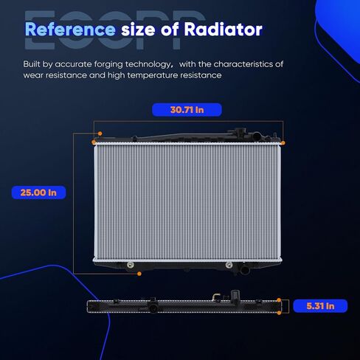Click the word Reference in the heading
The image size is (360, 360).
pos(70,30)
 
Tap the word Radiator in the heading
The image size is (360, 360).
pos(223,30)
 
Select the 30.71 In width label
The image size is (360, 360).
pos(187,110)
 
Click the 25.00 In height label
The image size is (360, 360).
pos(38,193)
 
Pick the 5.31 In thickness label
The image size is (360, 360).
pos(320,306)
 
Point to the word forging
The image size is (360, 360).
pos(108,65)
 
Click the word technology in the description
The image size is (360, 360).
pos(148,64)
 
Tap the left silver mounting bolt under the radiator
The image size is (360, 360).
pos(131,265)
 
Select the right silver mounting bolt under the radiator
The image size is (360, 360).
pos(229,265)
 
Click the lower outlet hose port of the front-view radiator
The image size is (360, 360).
pos(244,270)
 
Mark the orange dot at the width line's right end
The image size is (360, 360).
pos(283,143)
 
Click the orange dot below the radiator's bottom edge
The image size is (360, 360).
pos(139,274)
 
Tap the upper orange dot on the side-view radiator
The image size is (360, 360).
pos(279,300)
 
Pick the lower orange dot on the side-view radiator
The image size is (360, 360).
pos(279,313)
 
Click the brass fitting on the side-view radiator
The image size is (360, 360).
pos(215,297)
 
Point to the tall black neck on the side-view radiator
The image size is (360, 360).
pos(235,297)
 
